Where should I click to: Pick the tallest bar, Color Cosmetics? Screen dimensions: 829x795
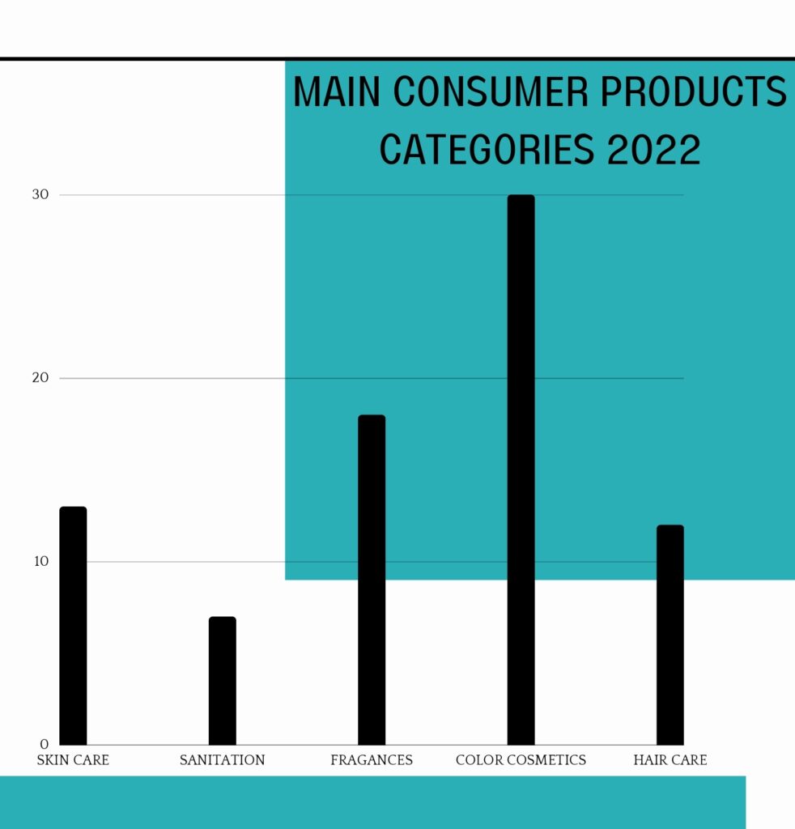click(521, 470)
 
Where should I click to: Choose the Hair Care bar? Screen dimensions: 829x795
click(670, 635)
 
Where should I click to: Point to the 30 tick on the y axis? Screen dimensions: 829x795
click(41, 194)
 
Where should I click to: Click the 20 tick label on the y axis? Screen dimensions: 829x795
click(41, 378)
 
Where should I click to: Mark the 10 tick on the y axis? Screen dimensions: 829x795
click(41, 562)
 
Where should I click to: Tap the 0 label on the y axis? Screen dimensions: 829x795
click(45, 745)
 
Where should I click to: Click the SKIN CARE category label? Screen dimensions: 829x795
click(73, 760)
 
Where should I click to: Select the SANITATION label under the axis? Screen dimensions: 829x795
click(222, 760)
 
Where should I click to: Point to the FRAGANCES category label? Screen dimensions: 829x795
click(372, 760)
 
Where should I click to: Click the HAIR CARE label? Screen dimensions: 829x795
click(670, 760)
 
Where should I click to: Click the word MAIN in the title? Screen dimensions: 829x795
click(338, 93)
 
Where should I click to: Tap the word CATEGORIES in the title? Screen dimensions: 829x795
click(478, 150)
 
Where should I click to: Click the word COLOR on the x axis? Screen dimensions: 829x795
click(480, 760)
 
